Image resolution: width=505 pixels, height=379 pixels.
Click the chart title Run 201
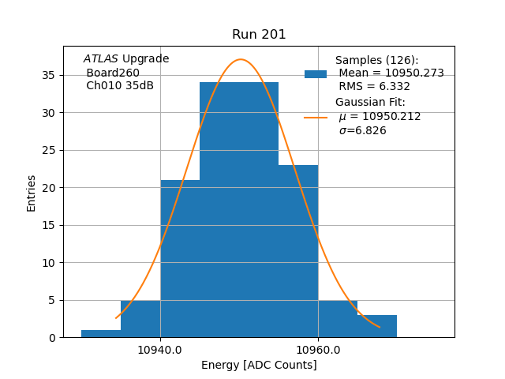(259, 35)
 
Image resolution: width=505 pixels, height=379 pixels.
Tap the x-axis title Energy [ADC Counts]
(259, 365)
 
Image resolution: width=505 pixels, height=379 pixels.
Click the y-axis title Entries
(32, 193)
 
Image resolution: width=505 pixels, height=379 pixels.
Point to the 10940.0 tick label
(160, 349)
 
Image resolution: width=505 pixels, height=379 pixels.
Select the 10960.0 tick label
(318, 349)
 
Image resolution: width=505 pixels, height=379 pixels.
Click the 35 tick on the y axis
(48, 75)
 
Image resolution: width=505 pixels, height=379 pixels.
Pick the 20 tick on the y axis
(48, 188)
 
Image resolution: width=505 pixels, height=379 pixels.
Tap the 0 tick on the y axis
(51, 338)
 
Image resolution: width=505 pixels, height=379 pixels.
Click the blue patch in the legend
(316, 74)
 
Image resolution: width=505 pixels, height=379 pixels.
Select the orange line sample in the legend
(316, 117)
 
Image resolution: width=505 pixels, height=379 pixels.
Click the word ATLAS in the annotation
(101, 59)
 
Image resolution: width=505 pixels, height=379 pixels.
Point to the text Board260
(113, 73)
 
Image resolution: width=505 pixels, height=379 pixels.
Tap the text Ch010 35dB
(120, 85)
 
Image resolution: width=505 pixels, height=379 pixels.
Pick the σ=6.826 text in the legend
(363, 131)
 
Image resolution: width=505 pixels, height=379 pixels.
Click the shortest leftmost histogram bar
(101, 333)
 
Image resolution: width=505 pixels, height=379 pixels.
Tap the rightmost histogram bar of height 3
(377, 326)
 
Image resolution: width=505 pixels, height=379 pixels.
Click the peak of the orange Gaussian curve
(241, 59)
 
